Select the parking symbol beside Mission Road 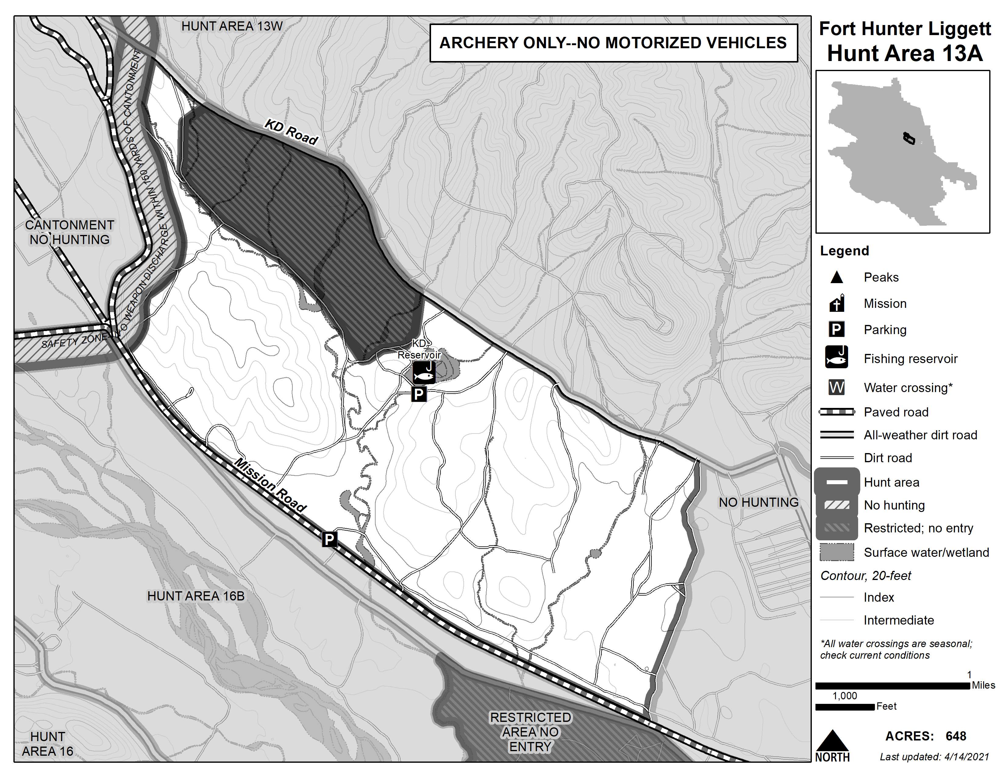click(x=329, y=539)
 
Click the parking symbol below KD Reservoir click(x=419, y=394)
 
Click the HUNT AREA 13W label click(x=232, y=26)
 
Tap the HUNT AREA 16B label click(x=196, y=596)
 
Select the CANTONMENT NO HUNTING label click(x=70, y=232)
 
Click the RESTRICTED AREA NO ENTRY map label click(x=530, y=732)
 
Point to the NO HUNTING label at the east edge click(x=759, y=502)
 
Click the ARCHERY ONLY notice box click(x=613, y=43)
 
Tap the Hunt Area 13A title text click(x=905, y=53)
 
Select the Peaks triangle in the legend click(x=837, y=277)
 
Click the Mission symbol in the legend click(x=837, y=303)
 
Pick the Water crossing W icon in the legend click(x=837, y=387)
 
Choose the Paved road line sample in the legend click(x=837, y=412)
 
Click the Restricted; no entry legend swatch click(x=837, y=528)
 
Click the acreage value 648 click(x=956, y=736)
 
